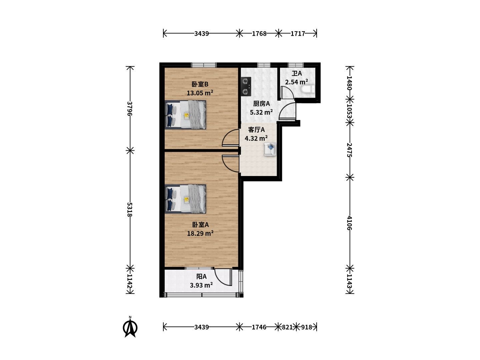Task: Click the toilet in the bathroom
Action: (308, 90)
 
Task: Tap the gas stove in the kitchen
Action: (246, 87)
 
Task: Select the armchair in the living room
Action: (270, 149)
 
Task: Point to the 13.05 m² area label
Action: (200, 93)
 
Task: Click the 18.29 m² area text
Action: (200, 233)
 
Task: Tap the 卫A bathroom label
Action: (297, 73)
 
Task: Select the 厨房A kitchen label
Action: (261, 104)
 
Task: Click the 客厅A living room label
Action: (256, 130)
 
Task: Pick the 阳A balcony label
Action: (201, 277)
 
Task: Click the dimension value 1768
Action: (259, 34)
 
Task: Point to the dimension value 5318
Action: (130, 209)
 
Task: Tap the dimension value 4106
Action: (349, 223)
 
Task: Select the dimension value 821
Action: (287, 327)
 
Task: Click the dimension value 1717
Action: (298, 34)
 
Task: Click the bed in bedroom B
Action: (185, 115)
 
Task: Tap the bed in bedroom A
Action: (185, 199)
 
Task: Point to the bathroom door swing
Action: (287, 92)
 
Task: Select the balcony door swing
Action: (223, 277)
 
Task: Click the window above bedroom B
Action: (204, 65)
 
